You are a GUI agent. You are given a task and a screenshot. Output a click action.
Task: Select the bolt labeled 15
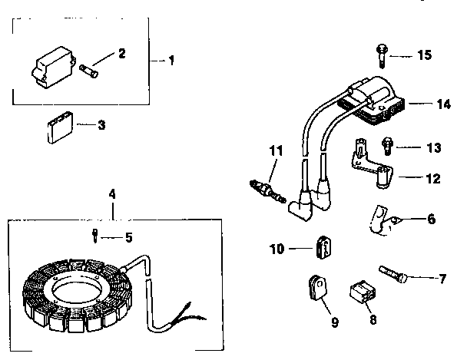(382, 53)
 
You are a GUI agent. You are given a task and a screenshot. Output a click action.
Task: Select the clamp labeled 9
(316, 286)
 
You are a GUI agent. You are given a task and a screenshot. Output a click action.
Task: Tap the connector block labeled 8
(360, 292)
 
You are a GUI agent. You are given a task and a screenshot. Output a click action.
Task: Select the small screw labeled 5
(94, 236)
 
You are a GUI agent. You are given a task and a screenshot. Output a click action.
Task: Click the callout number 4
(112, 194)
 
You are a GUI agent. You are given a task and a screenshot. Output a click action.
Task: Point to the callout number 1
(172, 60)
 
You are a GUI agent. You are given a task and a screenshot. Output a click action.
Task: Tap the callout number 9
(335, 323)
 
